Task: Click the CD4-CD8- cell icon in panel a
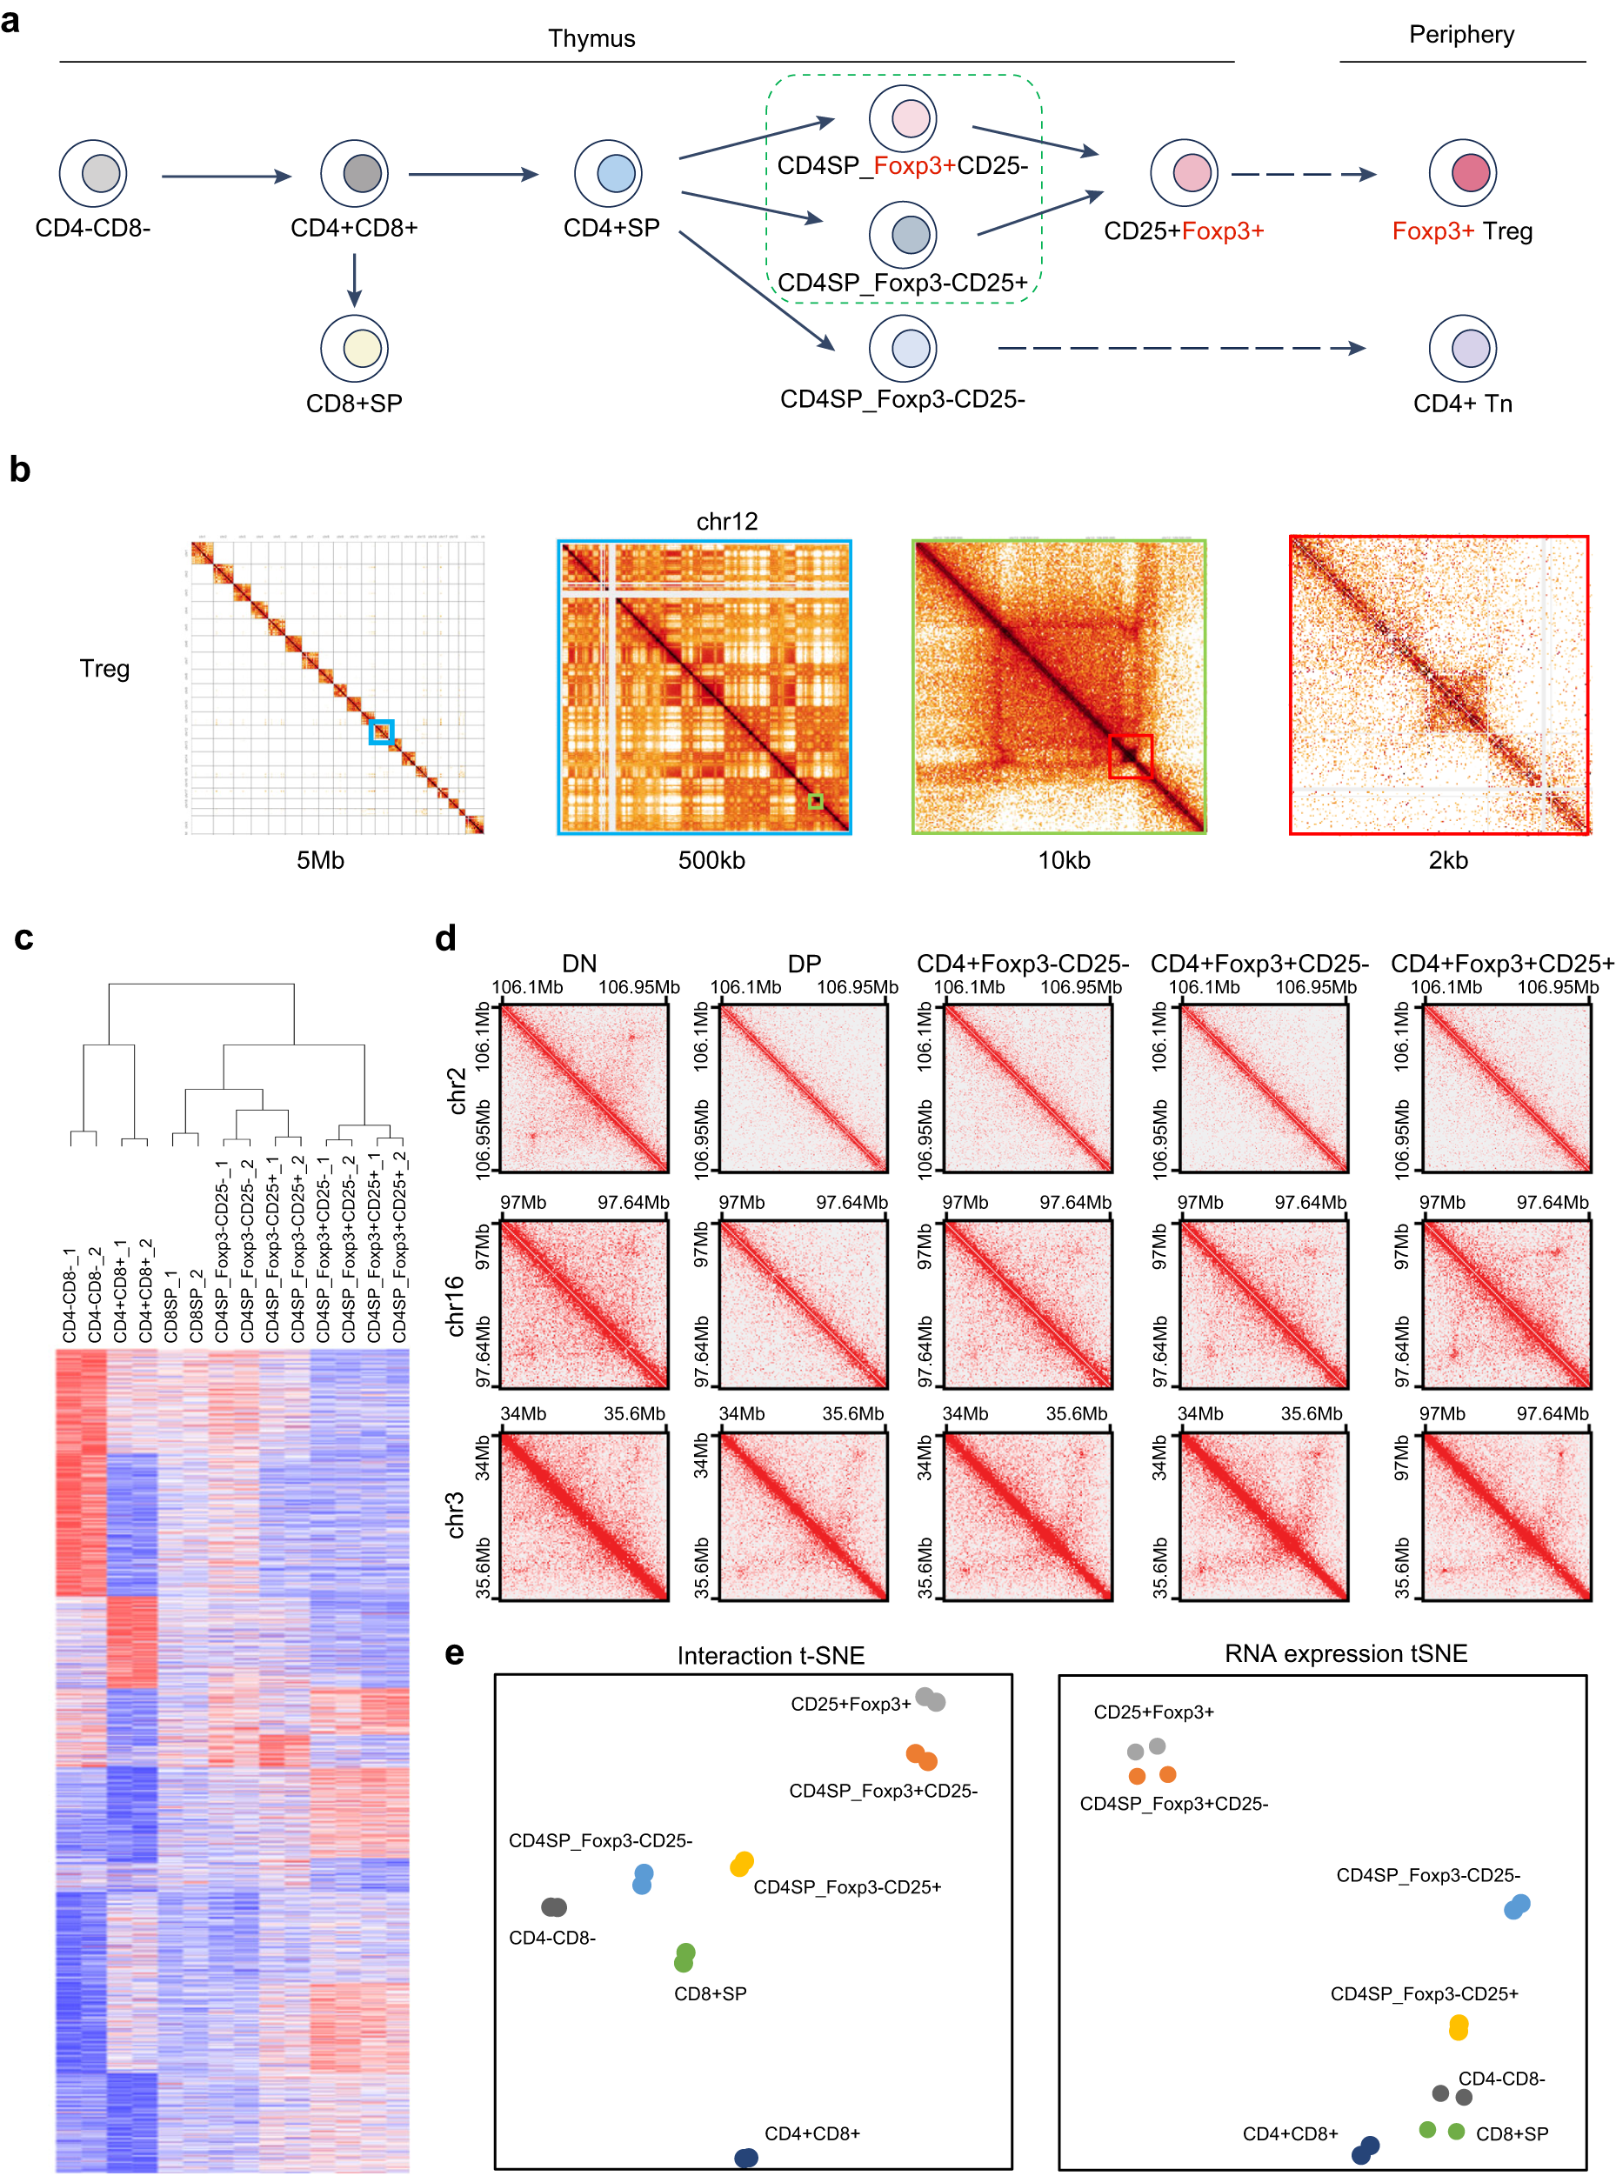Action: click(93, 173)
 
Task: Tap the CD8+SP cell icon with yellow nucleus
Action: click(354, 348)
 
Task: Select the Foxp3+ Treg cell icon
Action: click(1462, 173)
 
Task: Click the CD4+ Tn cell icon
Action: click(1462, 348)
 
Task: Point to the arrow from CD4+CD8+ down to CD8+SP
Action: click(354, 280)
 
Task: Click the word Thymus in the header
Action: click(591, 38)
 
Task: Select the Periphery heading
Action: click(1460, 34)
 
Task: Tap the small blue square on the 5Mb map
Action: click(381, 731)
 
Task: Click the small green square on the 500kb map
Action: click(815, 802)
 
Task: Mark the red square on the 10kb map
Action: click(1130, 756)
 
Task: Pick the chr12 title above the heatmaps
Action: click(726, 521)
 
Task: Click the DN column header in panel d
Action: click(579, 964)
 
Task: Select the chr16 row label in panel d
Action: click(455, 1305)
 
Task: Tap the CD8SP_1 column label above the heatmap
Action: click(170, 1305)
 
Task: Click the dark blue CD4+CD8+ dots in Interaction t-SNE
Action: click(745, 2158)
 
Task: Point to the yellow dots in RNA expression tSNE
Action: click(1458, 2027)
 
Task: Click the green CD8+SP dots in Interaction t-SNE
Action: click(684, 1957)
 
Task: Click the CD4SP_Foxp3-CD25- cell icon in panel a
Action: click(903, 348)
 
